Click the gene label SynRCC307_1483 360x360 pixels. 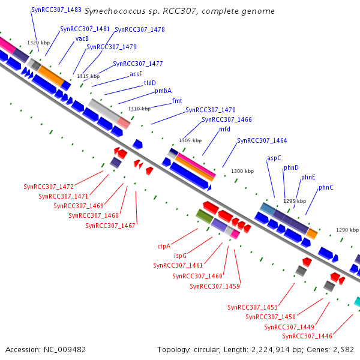pos(56,10)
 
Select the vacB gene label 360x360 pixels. pos(82,38)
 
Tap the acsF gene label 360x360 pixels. pos(136,74)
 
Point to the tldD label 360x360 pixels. pos(149,83)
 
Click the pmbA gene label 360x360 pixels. pos(163,91)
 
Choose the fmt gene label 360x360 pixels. pos(177,101)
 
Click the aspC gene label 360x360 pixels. pos(274,158)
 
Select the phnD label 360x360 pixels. pos(291,168)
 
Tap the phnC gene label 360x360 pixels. pos(326,187)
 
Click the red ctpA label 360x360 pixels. pos(164,246)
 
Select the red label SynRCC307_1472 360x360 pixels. pos(49,187)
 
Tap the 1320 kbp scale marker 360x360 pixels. pos(38,43)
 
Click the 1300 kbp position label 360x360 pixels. pos(242,171)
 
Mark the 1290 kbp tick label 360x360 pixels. pos(347,230)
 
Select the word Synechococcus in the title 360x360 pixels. pos(113,11)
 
